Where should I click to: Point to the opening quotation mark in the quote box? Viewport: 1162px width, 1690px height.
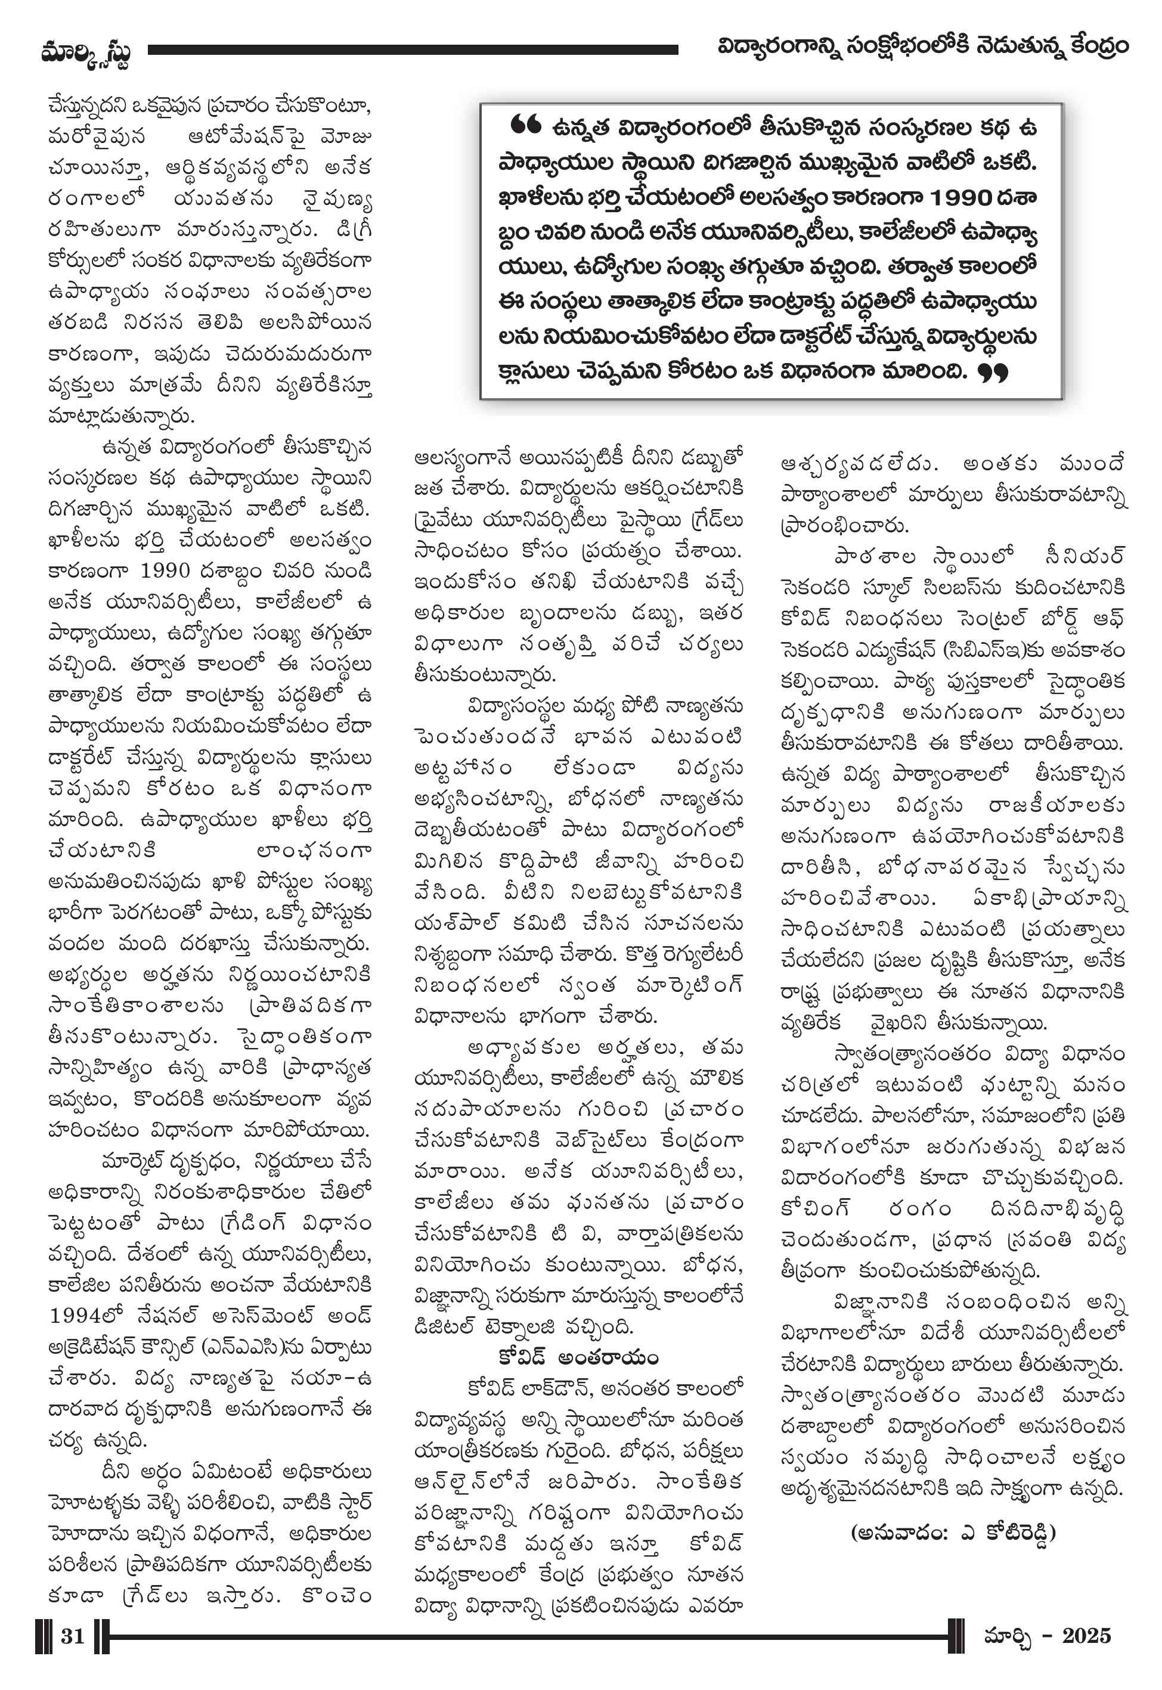(525, 125)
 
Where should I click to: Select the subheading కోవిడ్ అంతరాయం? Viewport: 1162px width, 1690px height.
(578, 1357)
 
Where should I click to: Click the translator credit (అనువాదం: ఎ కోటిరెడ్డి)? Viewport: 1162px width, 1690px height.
(953, 1532)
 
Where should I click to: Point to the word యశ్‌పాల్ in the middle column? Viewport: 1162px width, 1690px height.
(455, 923)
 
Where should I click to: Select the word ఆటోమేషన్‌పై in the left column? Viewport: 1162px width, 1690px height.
(247, 136)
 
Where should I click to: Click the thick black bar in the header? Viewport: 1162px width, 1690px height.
(413, 49)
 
